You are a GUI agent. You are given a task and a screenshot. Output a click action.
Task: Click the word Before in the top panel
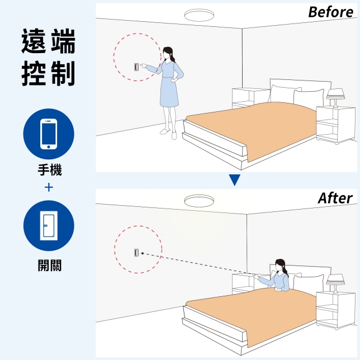point(330,12)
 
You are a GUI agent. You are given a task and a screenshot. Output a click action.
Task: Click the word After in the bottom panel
point(335,198)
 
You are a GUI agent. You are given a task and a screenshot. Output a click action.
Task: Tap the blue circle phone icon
point(49,134)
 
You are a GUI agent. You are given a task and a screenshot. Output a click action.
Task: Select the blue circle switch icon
point(49,226)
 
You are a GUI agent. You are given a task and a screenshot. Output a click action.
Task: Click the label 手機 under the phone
point(50,170)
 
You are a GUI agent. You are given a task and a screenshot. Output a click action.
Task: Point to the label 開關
point(50,266)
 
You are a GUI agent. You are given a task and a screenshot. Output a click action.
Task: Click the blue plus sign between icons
point(49,188)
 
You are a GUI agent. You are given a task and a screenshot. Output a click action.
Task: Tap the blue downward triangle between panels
point(234,180)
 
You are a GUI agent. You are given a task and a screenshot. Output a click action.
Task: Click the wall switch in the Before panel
point(136,67)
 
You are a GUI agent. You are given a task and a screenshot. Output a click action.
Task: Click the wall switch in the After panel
point(136,253)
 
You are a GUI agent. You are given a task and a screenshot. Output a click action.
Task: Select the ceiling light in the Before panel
point(199,15)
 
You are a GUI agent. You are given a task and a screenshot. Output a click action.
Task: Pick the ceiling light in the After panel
point(199,201)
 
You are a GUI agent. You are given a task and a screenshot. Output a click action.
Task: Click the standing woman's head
point(168,53)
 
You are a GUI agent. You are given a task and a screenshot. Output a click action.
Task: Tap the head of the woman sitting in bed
point(280,265)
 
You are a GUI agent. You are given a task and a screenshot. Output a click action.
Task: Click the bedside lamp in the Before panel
point(335,98)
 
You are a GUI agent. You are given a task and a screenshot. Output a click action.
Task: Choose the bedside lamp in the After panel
point(335,283)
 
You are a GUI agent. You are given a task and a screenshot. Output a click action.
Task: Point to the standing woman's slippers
point(169,134)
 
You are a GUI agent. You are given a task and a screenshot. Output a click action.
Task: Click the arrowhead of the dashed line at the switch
point(143,253)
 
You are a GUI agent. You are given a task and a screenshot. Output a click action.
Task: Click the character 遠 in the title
point(34,41)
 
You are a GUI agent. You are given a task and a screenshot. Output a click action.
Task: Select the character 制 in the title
point(63,73)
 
